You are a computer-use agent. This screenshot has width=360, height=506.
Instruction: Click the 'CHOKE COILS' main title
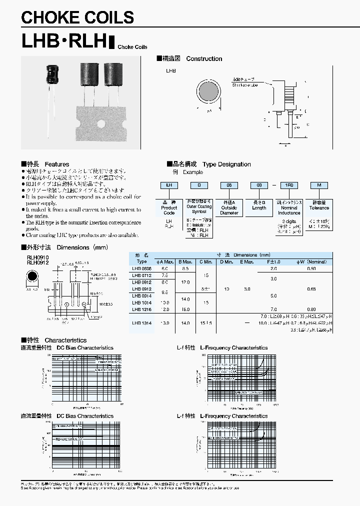coord(77,17)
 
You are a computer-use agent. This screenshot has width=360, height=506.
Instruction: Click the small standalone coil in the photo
coord(52,75)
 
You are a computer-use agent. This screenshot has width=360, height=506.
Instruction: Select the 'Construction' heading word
coord(204,58)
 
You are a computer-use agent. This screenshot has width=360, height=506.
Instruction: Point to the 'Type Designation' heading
coord(226,164)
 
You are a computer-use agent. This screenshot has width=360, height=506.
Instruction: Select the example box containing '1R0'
coord(289,185)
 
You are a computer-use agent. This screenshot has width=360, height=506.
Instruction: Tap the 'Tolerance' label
coord(319,208)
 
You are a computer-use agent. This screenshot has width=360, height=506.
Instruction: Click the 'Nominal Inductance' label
coord(289,210)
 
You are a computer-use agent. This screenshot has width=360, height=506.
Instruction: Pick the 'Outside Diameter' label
coord(229,210)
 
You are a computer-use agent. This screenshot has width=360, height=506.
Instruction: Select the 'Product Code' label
coord(169,210)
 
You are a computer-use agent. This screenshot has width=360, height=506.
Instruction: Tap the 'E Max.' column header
coord(247,261)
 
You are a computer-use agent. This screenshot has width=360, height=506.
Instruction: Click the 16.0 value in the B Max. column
coord(185,309)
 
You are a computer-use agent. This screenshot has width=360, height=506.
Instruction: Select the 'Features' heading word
coord(57,164)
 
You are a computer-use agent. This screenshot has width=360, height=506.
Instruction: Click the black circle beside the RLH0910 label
coord(32,276)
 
